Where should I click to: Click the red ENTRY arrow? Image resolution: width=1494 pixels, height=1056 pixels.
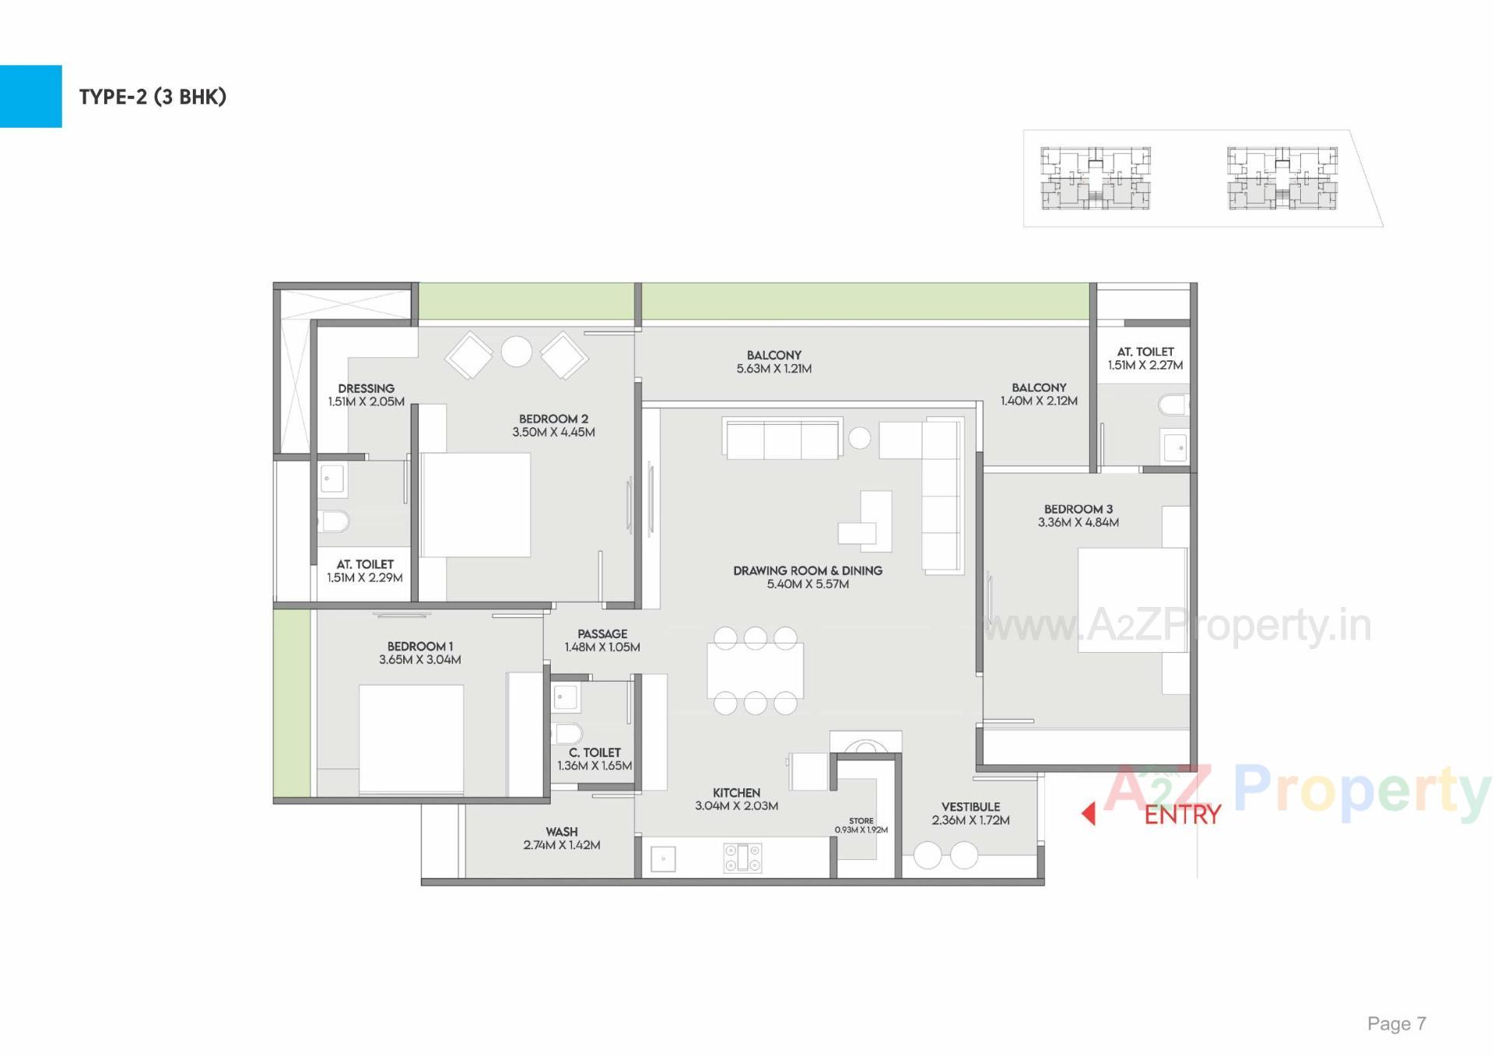[x=1089, y=814]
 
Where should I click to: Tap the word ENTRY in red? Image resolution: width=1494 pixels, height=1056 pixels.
[x=1182, y=815]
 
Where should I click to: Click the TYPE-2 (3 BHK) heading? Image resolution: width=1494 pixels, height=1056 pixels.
[x=153, y=96]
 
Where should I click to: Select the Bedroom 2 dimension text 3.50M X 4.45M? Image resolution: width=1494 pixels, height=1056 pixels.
[x=553, y=433]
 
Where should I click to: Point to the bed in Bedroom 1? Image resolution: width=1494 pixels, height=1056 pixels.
[x=411, y=739]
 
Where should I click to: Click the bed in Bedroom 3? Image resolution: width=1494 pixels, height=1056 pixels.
[x=1132, y=600]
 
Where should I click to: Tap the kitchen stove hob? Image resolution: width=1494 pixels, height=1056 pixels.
[x=743, y=858]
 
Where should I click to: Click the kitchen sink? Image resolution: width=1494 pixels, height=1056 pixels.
[x=663, y=859]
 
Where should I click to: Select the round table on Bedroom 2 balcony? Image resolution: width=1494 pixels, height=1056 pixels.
[x=517, y=352]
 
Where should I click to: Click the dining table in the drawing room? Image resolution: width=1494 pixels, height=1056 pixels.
[x=755, y=670]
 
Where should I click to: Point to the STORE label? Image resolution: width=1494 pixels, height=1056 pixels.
[x=861, y=821]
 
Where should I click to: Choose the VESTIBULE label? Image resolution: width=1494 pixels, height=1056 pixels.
[x=970, y=807]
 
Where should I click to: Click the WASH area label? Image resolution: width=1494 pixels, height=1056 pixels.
[x=561, y=832]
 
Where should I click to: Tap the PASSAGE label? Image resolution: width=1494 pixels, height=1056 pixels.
[x=602, y=634]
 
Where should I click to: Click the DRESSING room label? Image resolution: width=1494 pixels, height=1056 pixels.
[x=366, y=388]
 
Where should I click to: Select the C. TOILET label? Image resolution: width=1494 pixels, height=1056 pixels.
[x=594, y=753]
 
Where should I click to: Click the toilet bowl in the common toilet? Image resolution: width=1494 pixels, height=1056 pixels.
[x=568, y=733]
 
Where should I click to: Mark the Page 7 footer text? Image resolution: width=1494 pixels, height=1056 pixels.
[x=1397, y=1024]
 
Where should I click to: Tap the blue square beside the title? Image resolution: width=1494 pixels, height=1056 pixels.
[x=30, y=96]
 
